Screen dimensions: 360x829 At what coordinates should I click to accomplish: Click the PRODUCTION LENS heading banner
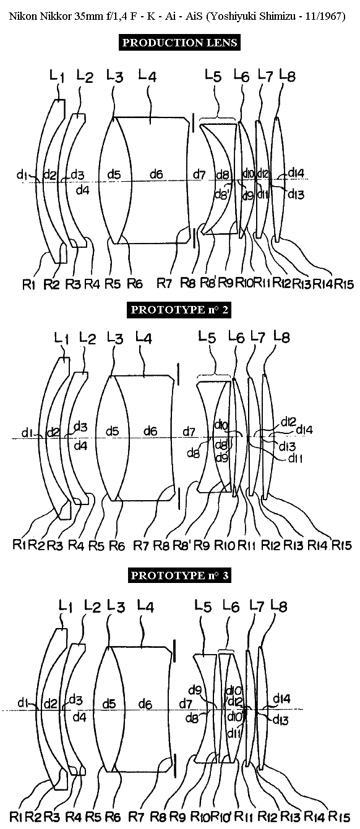coord(179,43)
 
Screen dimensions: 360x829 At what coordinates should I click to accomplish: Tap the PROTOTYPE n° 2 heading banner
coord(179,309)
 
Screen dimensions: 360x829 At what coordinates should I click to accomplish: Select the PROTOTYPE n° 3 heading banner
coord(179,575)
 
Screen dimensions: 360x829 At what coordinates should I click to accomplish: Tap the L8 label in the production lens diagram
coord(287,75)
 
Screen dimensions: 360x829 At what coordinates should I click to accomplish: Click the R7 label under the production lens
coord(164,283)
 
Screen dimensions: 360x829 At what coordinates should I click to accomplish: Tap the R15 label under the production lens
coord(344,284)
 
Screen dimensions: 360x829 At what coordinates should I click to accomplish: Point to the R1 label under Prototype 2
coord(20,545)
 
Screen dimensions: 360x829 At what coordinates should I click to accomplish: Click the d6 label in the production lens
coord(156,174)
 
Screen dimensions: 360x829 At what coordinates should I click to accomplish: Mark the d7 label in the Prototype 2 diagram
coord(189,432)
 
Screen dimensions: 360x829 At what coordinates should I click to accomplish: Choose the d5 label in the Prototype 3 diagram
coord(108,704)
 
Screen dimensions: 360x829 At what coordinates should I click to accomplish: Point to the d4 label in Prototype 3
coord(79,717)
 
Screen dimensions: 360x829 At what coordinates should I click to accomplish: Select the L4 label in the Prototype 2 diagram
coord(144,337)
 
